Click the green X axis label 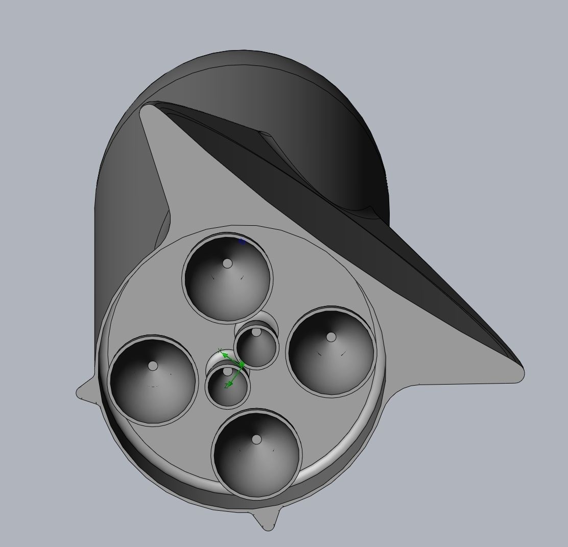[x=220, y=351]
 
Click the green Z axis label [x=226, y=386]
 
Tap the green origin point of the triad [x=242, y=365]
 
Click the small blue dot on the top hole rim [x=242, y=241]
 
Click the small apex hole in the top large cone [x=227, y=264]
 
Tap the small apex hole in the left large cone [x=153, y=366]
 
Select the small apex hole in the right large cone [x=331, y=337]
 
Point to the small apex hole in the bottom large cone [x=256, y=439]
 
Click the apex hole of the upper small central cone [x=256, y=332]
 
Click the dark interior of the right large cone [x=332, y=363]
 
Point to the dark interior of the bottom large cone [x=257, y=465]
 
